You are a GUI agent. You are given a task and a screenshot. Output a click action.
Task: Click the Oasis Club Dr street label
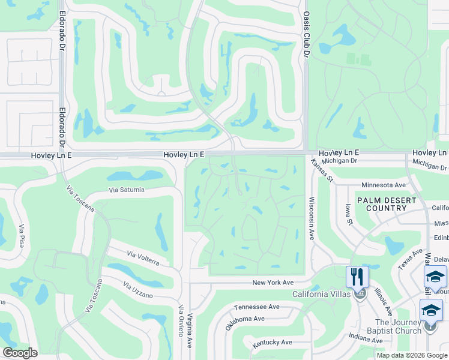click(306, 35)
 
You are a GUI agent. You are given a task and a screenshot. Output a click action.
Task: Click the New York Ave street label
click(273, 282)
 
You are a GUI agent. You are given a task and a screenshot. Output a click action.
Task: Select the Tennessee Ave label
click(257, 307)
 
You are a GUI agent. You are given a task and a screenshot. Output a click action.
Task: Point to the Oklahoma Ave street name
click(244, 323)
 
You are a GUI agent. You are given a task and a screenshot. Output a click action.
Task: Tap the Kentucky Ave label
click(272, 342)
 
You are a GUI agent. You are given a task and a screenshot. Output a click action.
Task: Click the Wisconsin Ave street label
click(312, 218)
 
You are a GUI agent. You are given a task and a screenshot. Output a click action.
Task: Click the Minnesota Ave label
click(384, 185)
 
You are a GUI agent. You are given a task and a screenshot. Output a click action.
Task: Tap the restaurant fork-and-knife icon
click(358, 277)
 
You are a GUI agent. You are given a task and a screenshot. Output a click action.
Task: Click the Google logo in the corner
click(20, 353)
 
